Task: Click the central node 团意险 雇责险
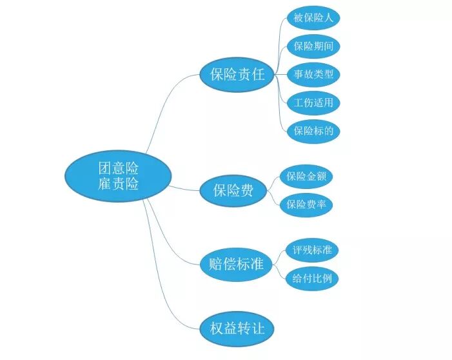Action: pos(118,176)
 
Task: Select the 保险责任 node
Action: pos(237,74)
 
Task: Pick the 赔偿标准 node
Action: pos(237,264)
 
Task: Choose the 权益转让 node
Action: pos(237,328)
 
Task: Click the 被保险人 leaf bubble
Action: pos(313,18)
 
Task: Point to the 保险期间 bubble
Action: pos(313,46)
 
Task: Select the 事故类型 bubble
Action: pos(313,74)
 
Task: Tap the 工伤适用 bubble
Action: pos(313,103)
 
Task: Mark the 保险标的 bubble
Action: pos(313,131)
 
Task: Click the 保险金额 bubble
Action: pos(306,177)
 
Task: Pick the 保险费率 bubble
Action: pos(306,205)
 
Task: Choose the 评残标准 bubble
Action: pos(312,250)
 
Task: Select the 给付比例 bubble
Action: pos(312,279)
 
